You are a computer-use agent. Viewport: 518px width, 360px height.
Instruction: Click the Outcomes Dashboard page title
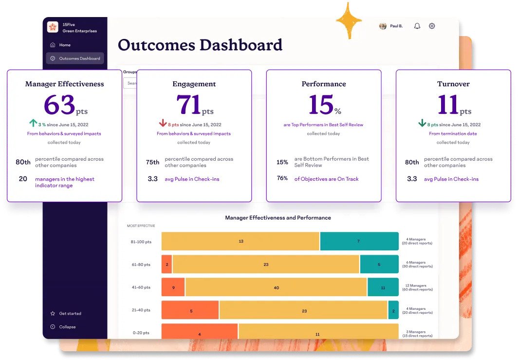click(x=200, y=45)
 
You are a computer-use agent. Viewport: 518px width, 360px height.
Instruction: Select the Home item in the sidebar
click(x=64, y=45)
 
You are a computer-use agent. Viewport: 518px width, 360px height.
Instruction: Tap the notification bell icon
click(x=417, y=26)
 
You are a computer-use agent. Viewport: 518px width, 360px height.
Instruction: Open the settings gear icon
click(x=432, y=26)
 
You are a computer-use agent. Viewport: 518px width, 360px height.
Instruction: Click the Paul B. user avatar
click(x=383, y=26)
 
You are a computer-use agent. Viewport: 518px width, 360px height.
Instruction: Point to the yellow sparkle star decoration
click(x=349, y=20)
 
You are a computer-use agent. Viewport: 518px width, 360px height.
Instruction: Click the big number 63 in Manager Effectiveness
click(x=59, y=104)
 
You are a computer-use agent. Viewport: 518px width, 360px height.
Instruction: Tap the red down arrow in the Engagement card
click(x=163, y=124)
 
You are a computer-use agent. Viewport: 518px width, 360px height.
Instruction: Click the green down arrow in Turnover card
click(x=422, y=124)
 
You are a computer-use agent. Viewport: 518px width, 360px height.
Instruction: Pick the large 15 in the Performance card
click(x=320, y=104)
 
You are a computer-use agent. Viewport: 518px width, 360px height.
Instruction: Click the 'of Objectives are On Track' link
click(x=326, y=179)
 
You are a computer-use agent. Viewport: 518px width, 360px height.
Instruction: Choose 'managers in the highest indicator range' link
click(x=64, y=182)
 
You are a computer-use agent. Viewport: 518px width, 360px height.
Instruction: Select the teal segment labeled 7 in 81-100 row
click(x=359, y=241)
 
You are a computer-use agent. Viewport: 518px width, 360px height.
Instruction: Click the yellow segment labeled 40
click(x=276, y=287)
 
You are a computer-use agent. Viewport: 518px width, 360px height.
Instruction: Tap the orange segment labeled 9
click(x=173, y=287)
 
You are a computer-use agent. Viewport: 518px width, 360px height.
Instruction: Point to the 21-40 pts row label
click(x=140, y=310)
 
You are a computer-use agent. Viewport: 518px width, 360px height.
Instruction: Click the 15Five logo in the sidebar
click(x=53, y=27)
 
